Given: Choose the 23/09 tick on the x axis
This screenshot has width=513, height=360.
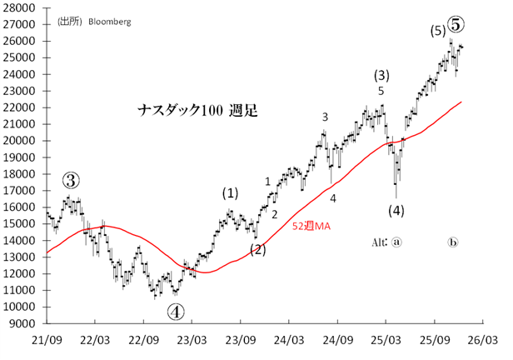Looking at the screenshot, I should (x=239, y=340).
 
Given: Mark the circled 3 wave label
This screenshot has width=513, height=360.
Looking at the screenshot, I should (x=72, y=181).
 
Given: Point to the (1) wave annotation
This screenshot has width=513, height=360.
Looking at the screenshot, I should (x=231, y=192).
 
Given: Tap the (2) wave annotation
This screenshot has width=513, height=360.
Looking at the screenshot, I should (x=258, y=249).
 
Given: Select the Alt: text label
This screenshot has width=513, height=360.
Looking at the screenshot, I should (x=380, y=242).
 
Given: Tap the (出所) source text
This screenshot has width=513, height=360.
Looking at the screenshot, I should (x=70, y=22).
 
